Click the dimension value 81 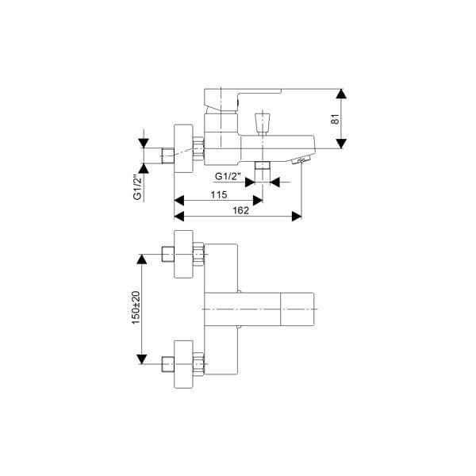pyautogui.click(x=335, y=119)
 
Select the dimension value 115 pyautogui.click(x=219, y=194)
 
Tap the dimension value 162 pyautogui.click(x=240, y=210)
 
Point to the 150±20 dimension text pyautogui.click(x=136, y=308)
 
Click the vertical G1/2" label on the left pyautogui.click(x=137, y=186)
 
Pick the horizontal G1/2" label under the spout pyautogui.click(x=228, y=176)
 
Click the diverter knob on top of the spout pyautogui.click(x=263, y=124)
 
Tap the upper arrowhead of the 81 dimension pyautogui.click(x=341, y=94)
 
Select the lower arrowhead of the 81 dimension pyautogui.click(x=341, y=144)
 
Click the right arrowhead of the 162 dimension pyautogui.click(x=297, y=217)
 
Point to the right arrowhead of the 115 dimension pyautogui.click(x=258, y=201)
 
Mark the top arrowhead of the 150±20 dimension pyautogui.click(x=142, y=259)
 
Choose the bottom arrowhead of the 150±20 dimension pyautogui.click(x=142, y=359)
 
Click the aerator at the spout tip pyautogui.click(x=301, y=160)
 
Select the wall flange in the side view pyautogui.click(x=183, y=148)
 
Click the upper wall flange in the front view pyautogui.click(x=183, y=254)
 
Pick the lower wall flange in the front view pyautogui.click(x=183, y=364)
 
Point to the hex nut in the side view pyautogui.click(x=198, y=148)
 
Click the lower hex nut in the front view pyautogui.click(x=198, y=363)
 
